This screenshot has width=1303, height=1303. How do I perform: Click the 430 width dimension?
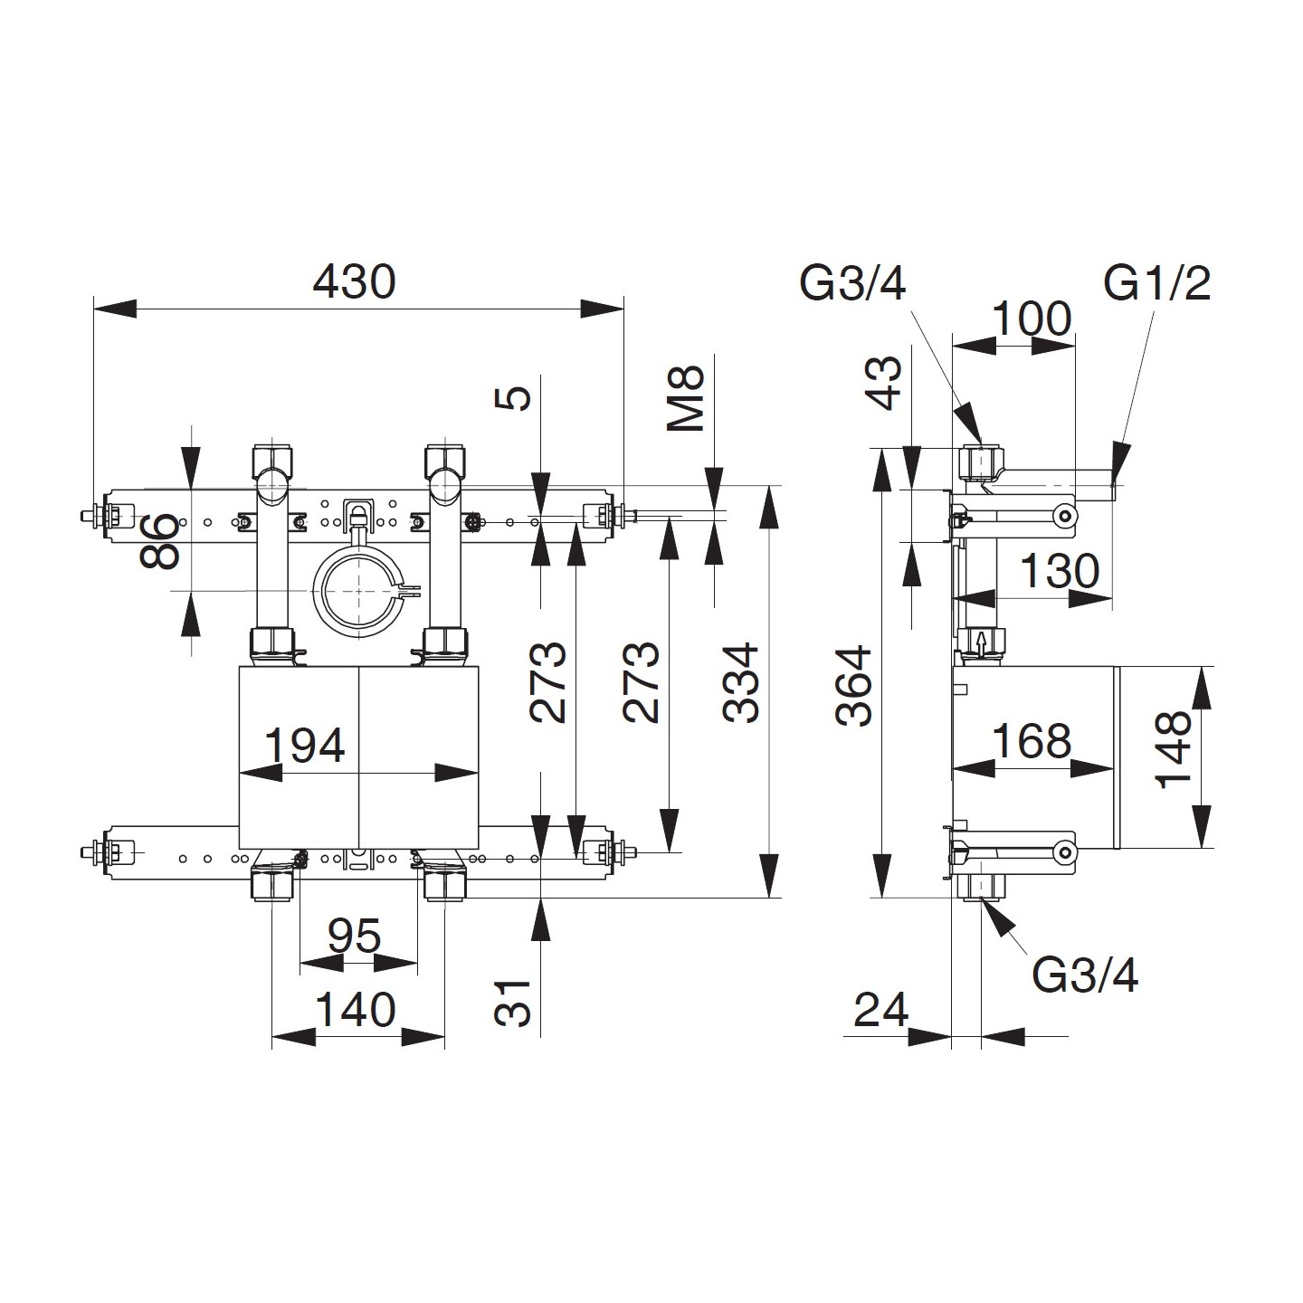coord(354,281)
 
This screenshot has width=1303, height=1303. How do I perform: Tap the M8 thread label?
coord(690,398)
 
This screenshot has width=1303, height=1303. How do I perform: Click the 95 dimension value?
coord(354,937)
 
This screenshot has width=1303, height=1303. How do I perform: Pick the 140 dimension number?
coord(355,1010)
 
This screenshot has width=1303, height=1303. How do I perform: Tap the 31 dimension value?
coord(514,1002)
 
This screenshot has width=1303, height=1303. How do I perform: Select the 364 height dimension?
coord(854,685)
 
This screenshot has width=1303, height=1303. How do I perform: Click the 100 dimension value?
coord(1032,319)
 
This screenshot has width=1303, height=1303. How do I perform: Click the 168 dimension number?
coord(1032,741)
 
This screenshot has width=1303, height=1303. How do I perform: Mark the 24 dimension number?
coord(880,1010)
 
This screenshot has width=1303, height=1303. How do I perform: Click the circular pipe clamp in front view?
coord(359,590)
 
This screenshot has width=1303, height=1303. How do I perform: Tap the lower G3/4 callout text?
coord(1085,975)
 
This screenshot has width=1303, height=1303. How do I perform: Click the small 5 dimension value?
coord(516,398)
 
